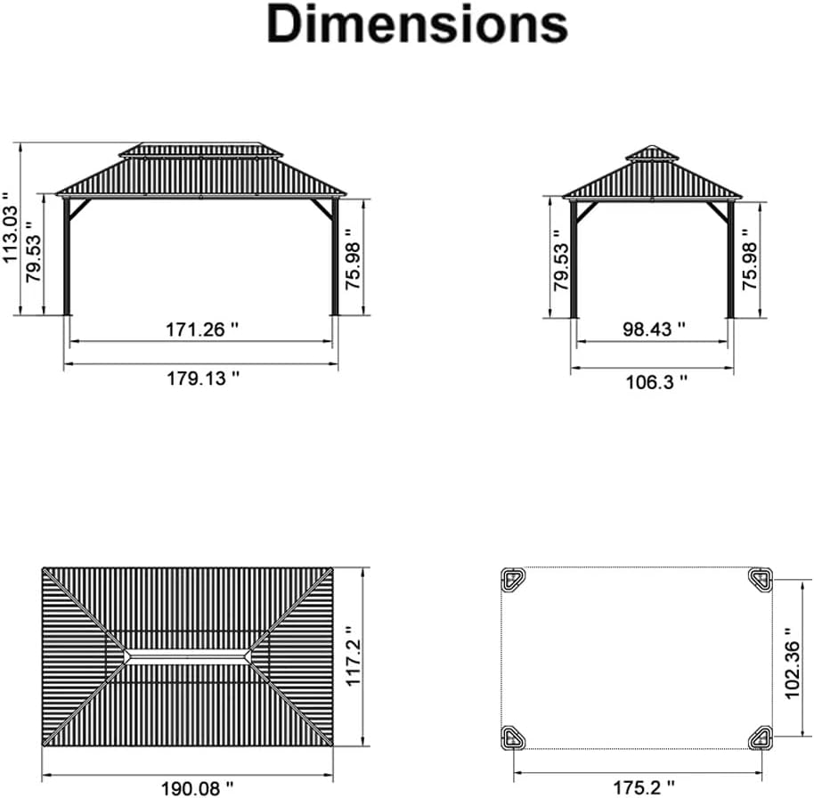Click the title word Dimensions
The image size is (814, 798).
pos(417,24)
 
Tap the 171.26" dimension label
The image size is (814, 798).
pos(202,330)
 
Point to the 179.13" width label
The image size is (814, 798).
pos(203,378)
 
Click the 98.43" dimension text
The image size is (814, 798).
pos(654,329)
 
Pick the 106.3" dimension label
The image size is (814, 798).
pos(656,382)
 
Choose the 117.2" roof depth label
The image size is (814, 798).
pos(352,656)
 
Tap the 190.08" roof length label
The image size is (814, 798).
pos(198,788)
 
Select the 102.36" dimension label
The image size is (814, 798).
pos(793,663)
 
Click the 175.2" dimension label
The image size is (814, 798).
pos(644,787)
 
